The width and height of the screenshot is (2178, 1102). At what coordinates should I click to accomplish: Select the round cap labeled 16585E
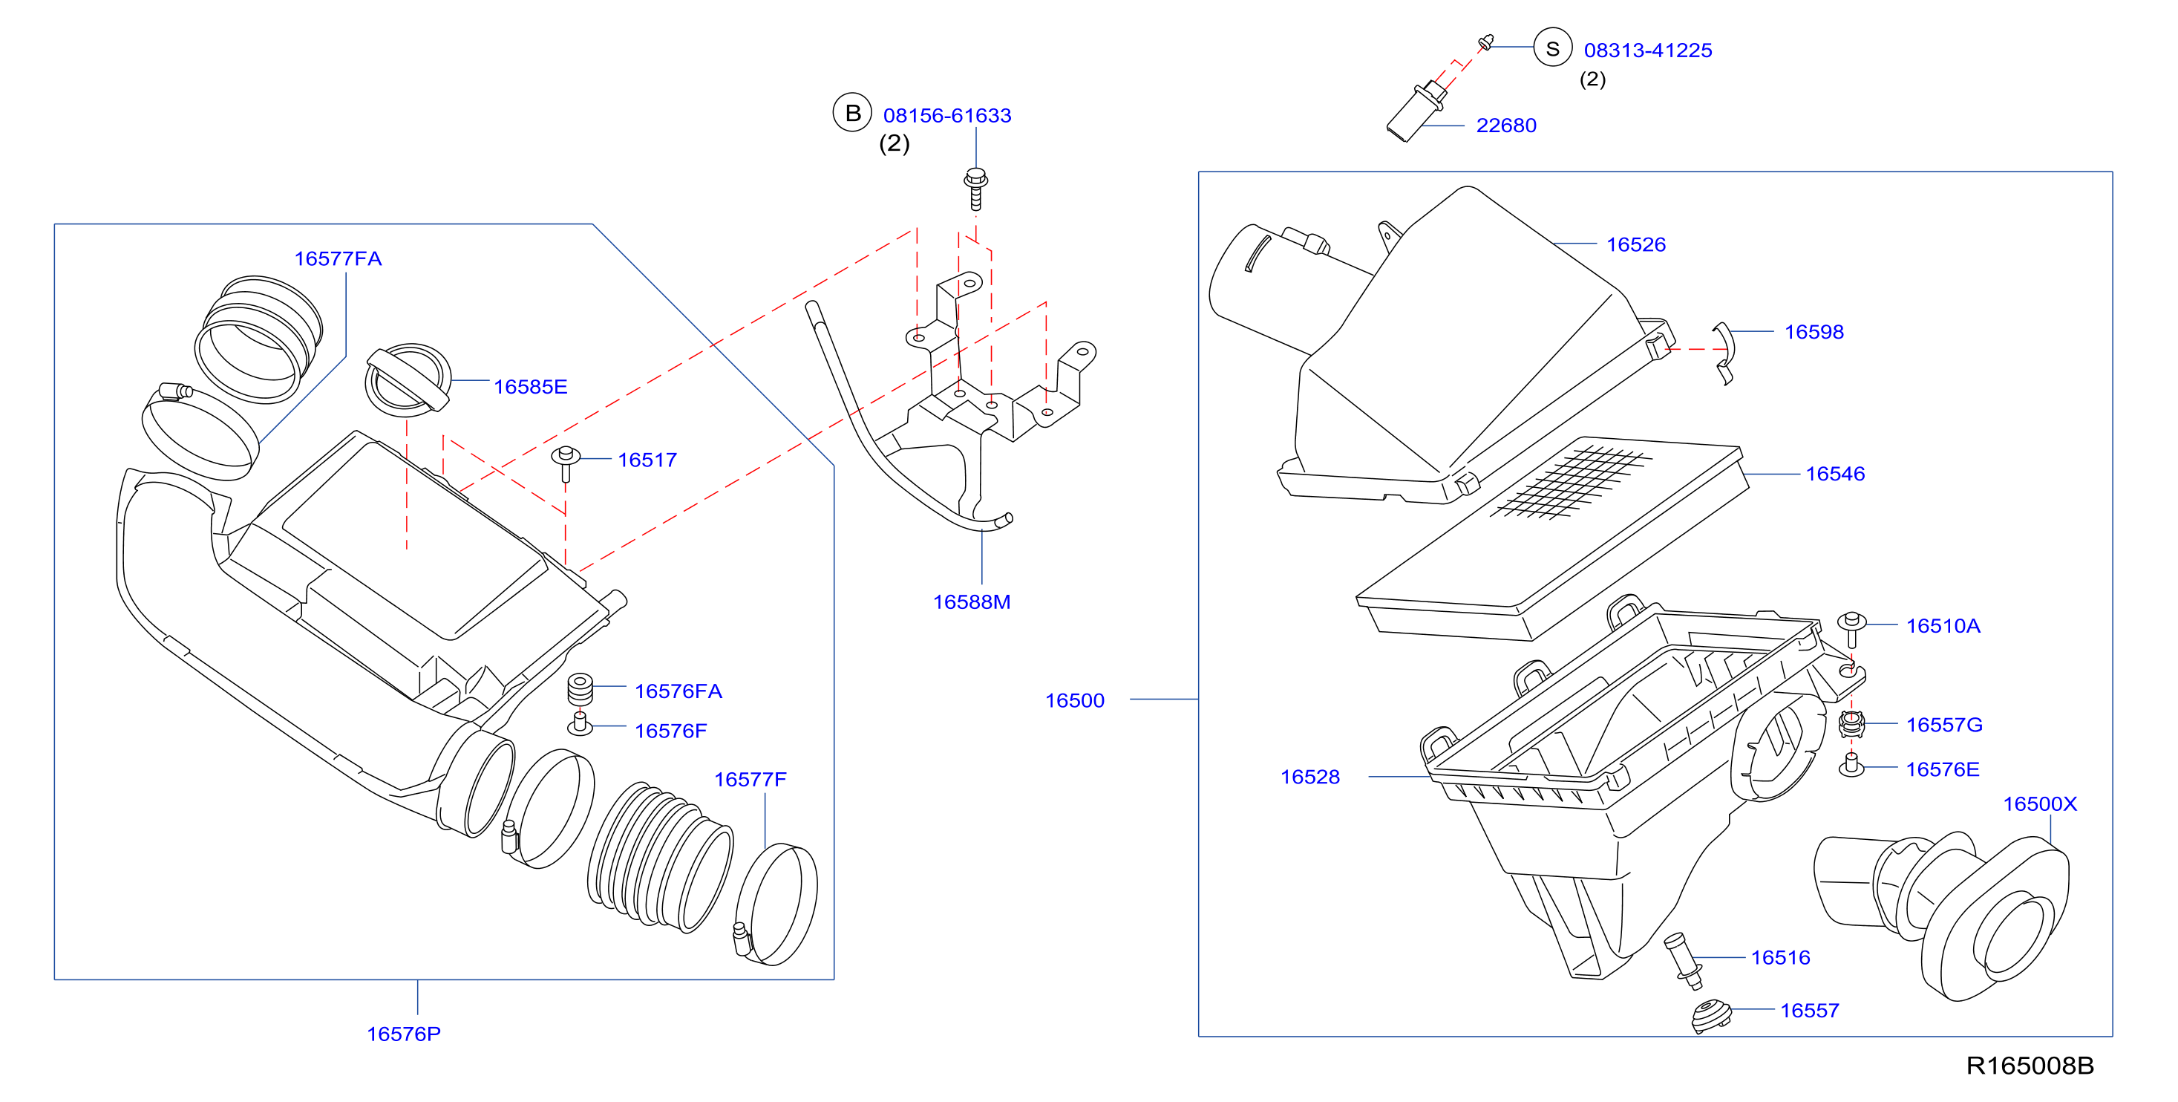click(408, 379)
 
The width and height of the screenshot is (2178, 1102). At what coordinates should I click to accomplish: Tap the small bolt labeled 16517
click(566, 463)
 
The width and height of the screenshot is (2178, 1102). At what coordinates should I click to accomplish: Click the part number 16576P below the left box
click(403, 1034)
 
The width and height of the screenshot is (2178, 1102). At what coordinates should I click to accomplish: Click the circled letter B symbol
click(852, 112)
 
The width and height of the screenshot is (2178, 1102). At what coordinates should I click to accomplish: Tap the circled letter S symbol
click(1552, 48)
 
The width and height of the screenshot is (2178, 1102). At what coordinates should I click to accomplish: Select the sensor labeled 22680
click(1416, 111)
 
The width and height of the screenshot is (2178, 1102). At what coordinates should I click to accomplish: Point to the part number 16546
click(1835, 474)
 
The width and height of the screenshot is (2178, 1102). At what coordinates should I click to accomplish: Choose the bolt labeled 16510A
click(1851, 629)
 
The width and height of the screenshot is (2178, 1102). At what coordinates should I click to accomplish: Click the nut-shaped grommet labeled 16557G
click(1851, 724)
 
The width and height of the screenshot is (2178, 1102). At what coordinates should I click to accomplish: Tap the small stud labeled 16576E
click(1851, 766)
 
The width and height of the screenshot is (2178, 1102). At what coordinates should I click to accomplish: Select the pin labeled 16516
click(1683, 961)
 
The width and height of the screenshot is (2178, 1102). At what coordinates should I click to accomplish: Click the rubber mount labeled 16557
click(1711, 1016)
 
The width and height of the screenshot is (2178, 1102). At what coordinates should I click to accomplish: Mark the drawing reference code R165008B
click(2030, 1066)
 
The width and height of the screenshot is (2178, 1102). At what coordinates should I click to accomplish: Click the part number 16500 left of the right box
click(1075, 700)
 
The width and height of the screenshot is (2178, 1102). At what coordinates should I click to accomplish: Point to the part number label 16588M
click(972, 602)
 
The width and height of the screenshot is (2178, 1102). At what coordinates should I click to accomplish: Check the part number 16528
click(1309, 777)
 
